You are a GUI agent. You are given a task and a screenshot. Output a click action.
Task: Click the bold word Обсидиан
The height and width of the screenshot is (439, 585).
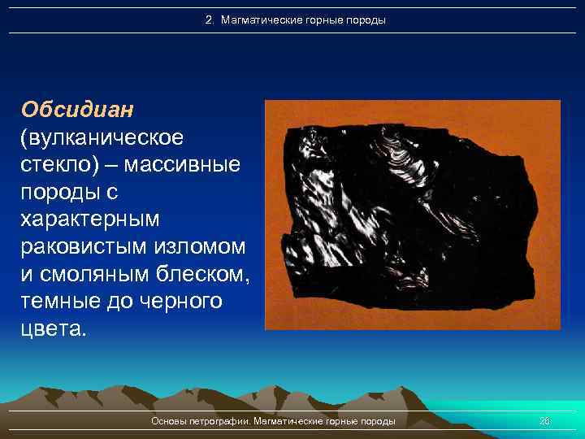tap(67, 109)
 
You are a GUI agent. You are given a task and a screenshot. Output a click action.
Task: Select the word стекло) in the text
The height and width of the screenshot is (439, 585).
tap(57, 165)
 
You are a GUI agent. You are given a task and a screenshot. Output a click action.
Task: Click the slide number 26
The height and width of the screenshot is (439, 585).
tap(545, 421)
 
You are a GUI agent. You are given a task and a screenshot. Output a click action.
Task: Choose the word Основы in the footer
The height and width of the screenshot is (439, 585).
tap(168, 421)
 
